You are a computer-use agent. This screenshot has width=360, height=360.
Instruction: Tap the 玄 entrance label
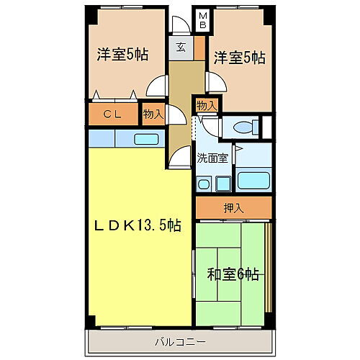(181, 48)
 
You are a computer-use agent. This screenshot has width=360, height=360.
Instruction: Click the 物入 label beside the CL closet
(153, 114)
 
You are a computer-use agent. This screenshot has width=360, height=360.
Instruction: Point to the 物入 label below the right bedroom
(206, 105)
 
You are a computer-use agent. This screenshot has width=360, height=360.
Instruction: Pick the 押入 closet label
(232, 208)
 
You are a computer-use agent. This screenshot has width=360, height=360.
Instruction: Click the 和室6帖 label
(233, 274)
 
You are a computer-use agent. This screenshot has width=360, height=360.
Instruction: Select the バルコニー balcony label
(180, 340)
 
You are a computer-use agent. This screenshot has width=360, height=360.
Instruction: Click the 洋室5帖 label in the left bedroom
(122, 54)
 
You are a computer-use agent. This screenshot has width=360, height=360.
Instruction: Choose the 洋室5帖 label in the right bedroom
(238, 57)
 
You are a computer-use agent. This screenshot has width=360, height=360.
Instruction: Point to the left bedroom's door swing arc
(156, 89)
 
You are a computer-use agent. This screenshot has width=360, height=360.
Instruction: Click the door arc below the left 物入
(177, 148)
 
